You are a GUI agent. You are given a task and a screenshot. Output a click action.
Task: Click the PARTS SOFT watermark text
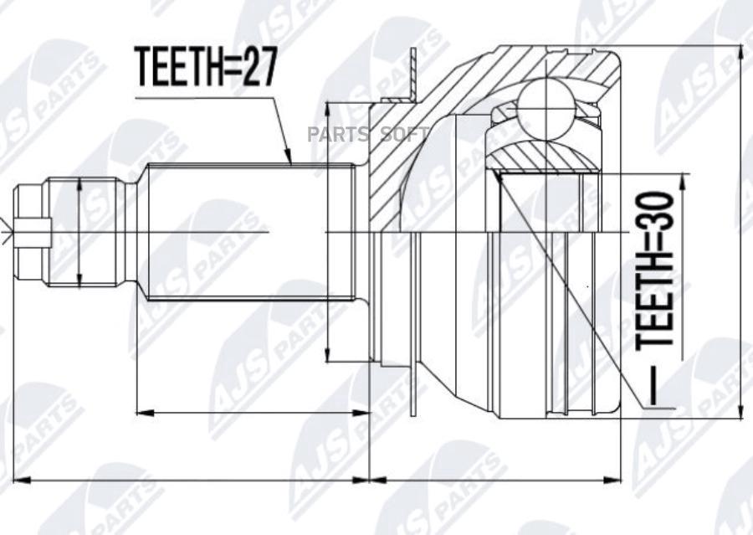click(368, 135)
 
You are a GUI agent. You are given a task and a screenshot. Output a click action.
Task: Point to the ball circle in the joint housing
click(546, 109)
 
